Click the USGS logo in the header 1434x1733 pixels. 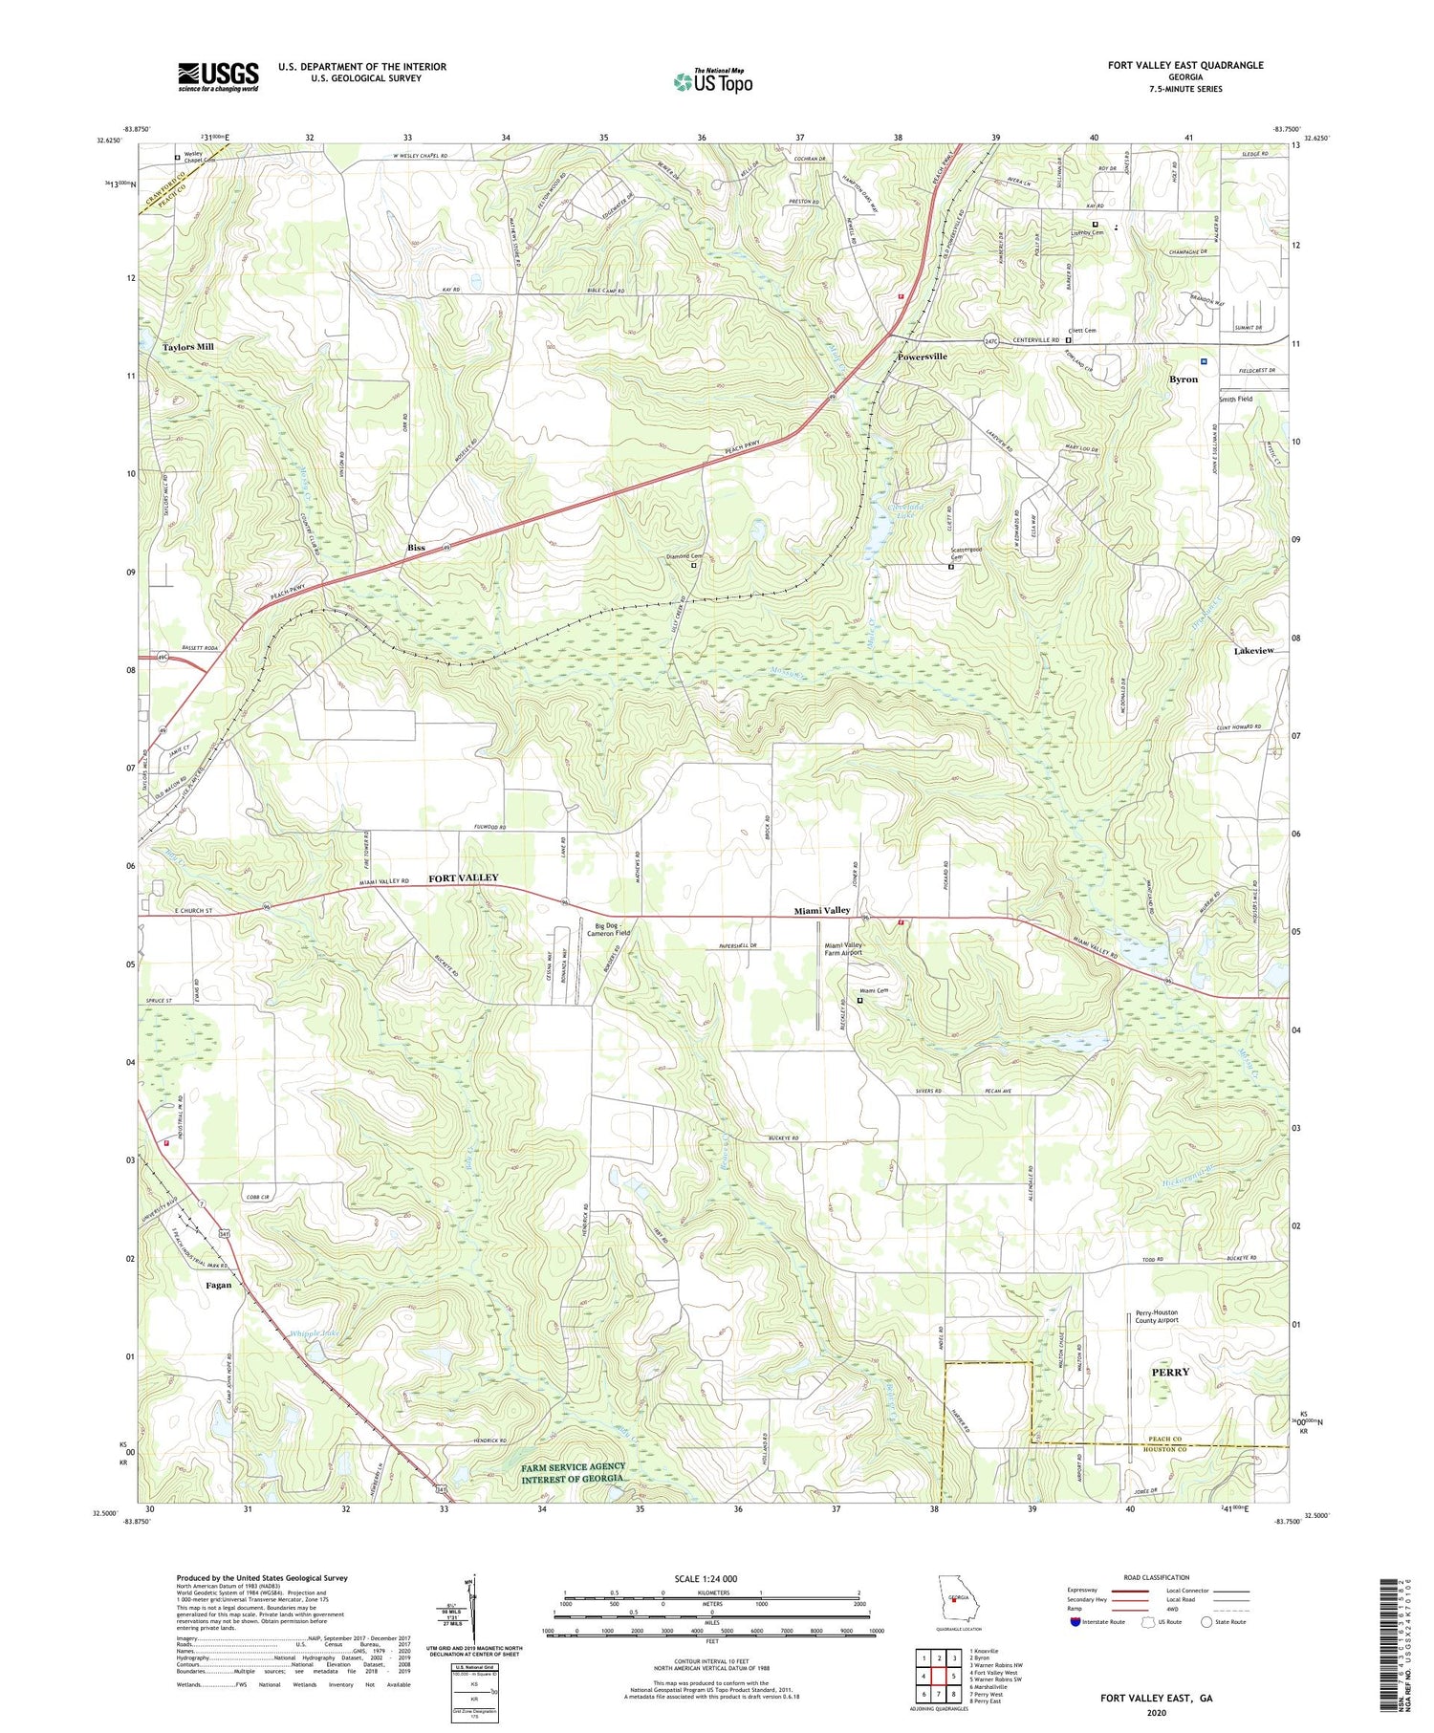click(218, 76)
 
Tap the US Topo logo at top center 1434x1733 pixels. click(712, 81)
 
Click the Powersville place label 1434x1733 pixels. click(922, 357)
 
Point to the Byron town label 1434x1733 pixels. click(1184, 379)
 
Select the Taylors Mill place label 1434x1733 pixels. click(188, 347)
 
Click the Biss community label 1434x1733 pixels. click(416, 548)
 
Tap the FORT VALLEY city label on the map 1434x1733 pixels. click(463, 877)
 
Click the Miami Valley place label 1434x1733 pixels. click(821, 911)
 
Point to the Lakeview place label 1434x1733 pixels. click(1253, 650)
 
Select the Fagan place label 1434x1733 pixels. click(218, 1285)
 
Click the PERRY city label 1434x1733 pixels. click(1170, 1372)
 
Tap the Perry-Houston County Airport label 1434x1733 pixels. click(1157, 1316)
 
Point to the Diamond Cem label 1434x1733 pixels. click(684, 556)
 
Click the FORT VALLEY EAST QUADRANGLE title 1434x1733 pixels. click(1185, 65)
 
